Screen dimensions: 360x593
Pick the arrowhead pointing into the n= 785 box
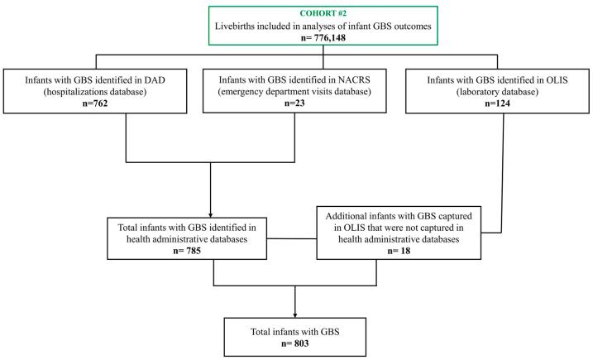point(213,213)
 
